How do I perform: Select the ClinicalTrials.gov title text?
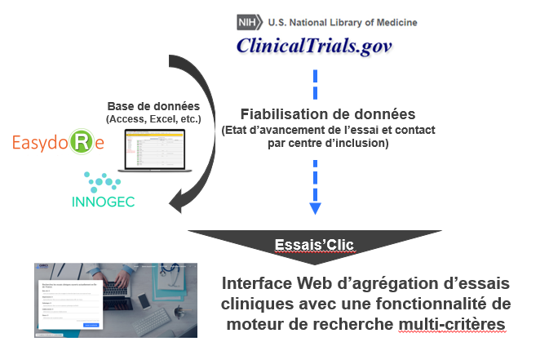314,46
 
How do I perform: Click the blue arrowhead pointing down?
315,208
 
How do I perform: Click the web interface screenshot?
116,300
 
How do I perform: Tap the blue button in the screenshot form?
91,324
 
